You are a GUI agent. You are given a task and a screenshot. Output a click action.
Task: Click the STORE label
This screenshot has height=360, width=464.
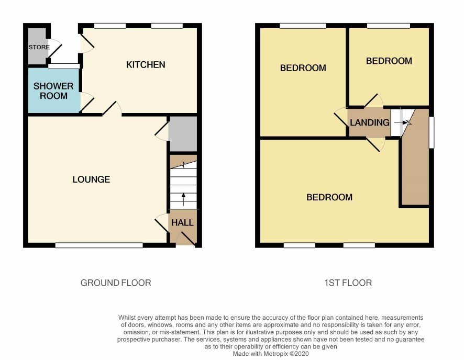[x=39, y=47]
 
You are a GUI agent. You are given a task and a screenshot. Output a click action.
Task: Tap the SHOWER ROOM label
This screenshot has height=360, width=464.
[x=53, y=91]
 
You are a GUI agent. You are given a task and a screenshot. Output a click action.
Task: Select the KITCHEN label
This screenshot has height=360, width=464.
[x=146, y=65]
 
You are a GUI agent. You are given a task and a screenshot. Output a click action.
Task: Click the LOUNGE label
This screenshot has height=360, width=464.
[x=91, y=179]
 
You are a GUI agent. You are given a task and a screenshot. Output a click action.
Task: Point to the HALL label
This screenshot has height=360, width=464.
[x=182, y=222]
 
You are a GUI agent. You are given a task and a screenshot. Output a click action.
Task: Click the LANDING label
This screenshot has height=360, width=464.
[x=370, y=122]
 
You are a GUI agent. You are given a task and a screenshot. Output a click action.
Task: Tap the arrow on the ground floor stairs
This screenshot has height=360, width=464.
[x=183, y=199]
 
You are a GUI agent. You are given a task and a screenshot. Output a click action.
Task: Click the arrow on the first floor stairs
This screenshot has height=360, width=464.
[x=402, y=122]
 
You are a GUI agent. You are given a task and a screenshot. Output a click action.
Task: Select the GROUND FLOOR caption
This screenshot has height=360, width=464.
[x=116, y=283]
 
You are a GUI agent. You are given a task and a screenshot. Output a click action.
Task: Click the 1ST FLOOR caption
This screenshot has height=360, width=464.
[x=348, y=283]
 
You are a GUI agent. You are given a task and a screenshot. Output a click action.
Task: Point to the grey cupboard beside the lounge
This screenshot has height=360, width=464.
[x=183, y=134]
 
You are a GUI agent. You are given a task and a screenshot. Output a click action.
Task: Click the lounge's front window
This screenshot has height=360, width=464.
[x=99, y=245]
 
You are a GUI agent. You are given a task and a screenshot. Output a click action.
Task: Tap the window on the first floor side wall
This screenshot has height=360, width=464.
[x=432, y=132]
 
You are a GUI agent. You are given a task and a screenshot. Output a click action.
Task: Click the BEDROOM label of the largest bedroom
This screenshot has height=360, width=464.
[x=329, y=197]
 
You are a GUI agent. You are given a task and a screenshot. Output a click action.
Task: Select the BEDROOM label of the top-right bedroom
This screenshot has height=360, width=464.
[x=389, y=61]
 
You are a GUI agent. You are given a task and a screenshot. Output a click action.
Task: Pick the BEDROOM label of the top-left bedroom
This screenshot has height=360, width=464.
[x=303, y=68]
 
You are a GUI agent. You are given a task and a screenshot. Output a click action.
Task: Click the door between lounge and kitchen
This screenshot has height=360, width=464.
[x=112, y=108]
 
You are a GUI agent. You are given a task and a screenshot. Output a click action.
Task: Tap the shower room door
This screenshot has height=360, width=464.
[x=87, y=102]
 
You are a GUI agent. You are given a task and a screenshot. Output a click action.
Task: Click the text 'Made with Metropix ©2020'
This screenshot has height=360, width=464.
[x=271, y=354]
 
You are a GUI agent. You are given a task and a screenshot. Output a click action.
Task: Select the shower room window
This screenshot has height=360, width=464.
[x=64, y=66]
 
